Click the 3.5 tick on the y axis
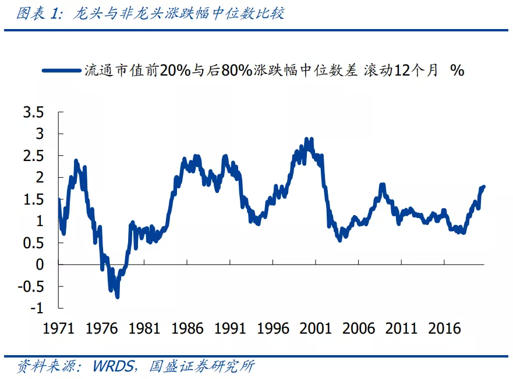coord(33,112)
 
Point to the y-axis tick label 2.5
coord(33,156)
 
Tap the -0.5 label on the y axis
coord(30,286)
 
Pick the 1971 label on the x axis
coord(59,328)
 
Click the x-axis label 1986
coord(187,328)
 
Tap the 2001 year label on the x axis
coord(316,328)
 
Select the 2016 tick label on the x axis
coord(444,328)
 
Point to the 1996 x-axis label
coord(273,328)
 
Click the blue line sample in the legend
coord(61,70)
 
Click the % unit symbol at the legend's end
coord(457,70)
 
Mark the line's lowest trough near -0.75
coord(117,296)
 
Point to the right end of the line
coord(484,186)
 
